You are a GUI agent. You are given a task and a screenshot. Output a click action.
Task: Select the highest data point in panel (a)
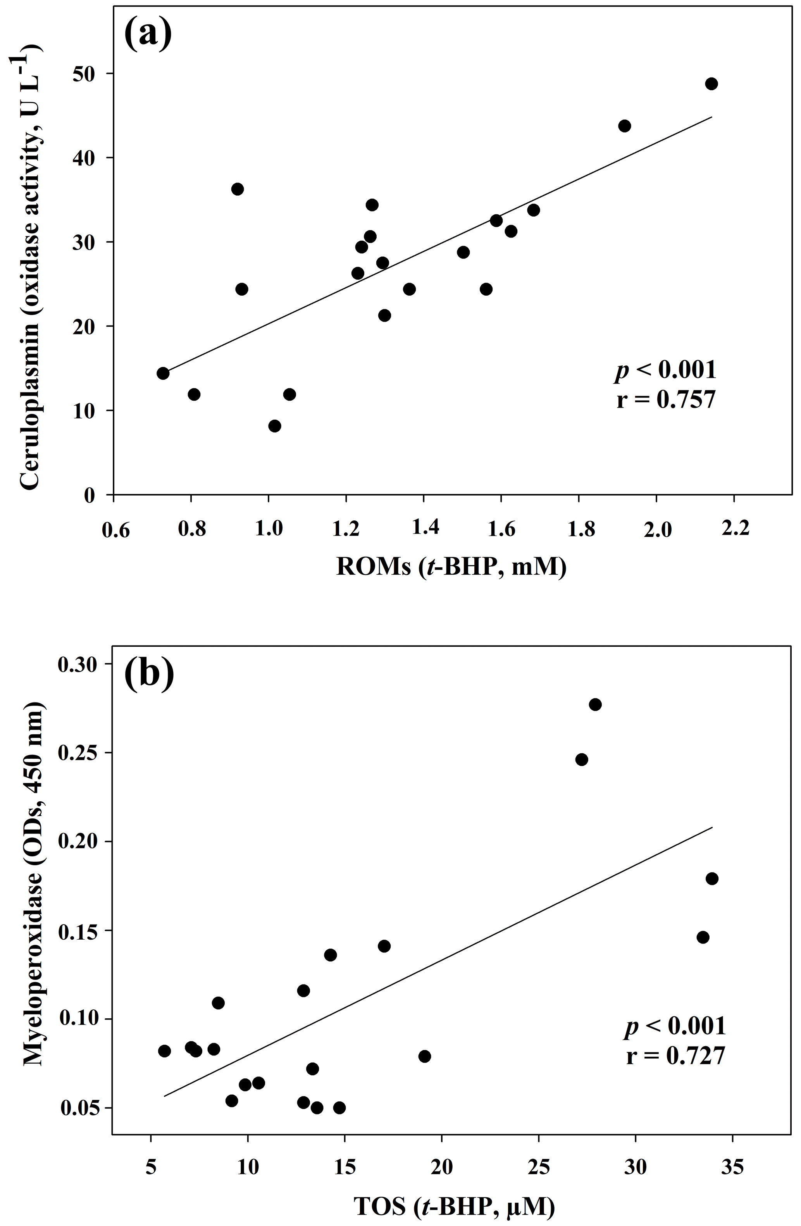711,84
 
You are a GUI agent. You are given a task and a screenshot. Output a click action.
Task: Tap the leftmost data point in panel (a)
163,374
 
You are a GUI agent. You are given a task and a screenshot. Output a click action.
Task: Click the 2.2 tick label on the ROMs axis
735,528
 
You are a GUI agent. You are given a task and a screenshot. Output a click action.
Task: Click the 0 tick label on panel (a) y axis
91,496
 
